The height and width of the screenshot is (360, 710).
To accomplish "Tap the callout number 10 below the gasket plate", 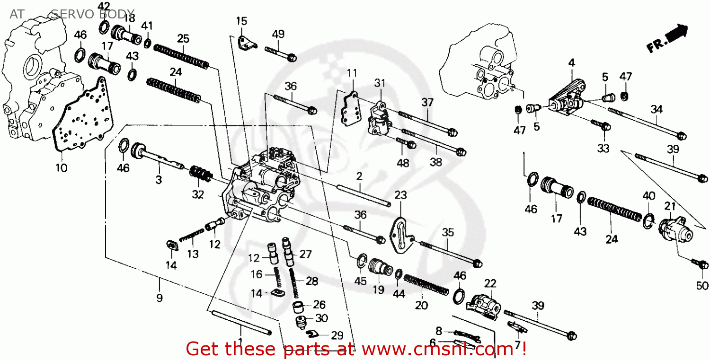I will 62,167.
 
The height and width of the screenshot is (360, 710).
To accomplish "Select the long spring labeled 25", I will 181,55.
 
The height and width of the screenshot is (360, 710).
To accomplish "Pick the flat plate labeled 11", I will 350,109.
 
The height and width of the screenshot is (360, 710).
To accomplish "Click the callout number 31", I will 380,83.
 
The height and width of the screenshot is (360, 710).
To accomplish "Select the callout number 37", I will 428,102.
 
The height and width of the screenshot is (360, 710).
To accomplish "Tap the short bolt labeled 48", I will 406,143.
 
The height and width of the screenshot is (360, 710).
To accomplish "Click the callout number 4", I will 571,62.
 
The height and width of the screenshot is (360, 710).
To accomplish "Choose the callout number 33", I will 603,149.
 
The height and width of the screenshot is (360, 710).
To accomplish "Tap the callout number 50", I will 702,285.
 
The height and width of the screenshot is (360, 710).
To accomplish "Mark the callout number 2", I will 359,176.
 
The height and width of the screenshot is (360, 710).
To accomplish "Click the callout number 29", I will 337,336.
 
